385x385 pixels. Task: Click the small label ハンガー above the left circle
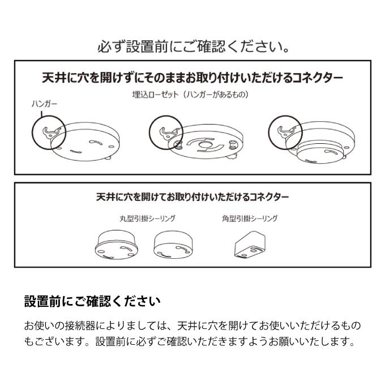tap(44, 104)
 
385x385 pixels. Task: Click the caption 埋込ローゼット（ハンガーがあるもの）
tap(190, 95)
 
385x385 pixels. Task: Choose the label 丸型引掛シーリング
tap(148, 219)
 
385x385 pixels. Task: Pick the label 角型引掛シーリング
tap(250, 219)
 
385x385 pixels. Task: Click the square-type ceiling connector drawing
tap(250, 245)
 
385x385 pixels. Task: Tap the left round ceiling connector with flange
tap(116, 245)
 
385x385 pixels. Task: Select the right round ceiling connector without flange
tap(173, 245)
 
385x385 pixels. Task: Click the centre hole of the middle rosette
tap(204, 144)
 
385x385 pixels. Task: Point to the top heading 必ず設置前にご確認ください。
tap(193, 46)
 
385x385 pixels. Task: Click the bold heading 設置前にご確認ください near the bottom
tap(92, 301)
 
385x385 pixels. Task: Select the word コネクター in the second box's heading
tap(269, 197)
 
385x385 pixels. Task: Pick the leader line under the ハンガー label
tap(42, 113)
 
